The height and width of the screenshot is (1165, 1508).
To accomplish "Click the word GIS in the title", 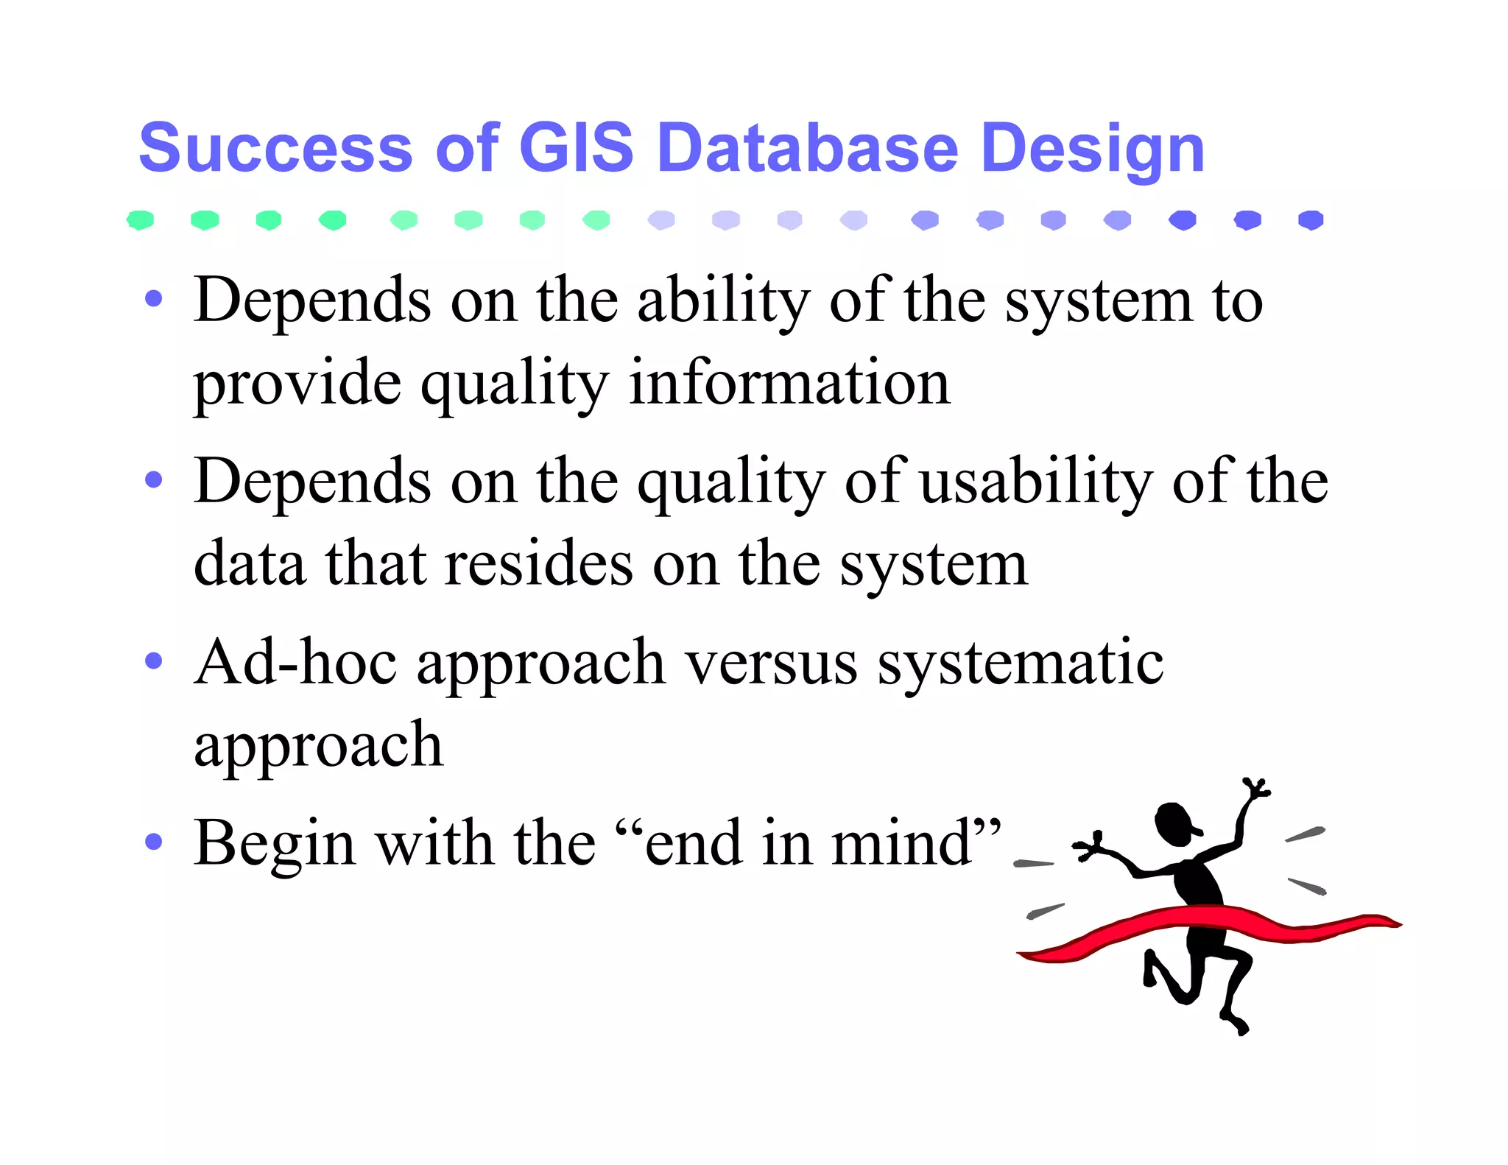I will tap(576, 147).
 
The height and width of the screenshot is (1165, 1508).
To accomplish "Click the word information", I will tap(789, 383).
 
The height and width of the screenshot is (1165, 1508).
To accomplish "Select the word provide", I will tap(297, 384).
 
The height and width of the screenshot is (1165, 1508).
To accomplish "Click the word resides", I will tap(539, 564).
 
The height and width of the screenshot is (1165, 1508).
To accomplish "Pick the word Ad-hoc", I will tap(295, 662).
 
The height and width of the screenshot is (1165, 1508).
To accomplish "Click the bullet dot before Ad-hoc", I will tap(153, 660).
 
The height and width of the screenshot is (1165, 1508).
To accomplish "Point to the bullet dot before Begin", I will tap(153, 841).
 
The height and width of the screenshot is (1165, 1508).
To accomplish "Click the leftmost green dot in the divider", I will tap(140, 220).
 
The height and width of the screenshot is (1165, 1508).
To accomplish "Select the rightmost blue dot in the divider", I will tap(1311, 220).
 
